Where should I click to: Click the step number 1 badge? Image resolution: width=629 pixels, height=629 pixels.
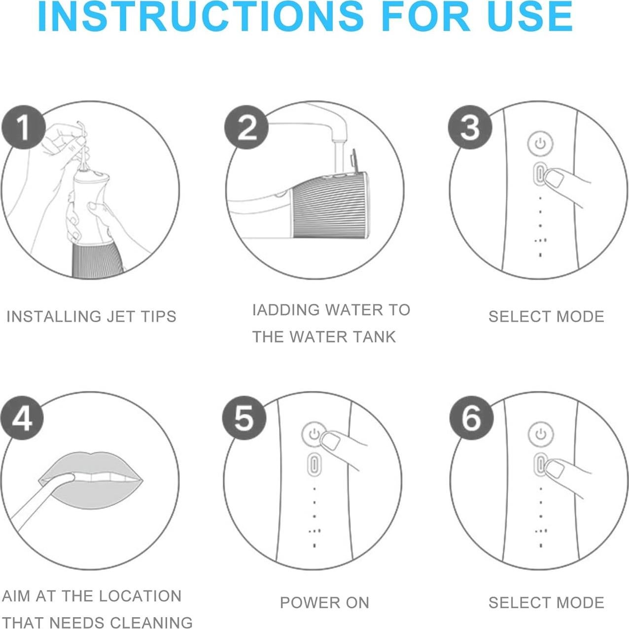pos(24,127)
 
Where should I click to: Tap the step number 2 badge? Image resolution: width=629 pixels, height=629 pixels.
pos(246,127)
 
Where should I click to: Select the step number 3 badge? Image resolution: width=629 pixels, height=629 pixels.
pos(470,127)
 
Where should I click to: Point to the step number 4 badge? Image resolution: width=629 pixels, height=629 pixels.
pos(22,418)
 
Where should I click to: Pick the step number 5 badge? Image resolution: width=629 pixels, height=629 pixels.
pos(244,418)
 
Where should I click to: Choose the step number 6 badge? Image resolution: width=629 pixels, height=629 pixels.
pos(471,418)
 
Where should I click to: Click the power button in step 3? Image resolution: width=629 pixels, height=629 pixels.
pos(541,143)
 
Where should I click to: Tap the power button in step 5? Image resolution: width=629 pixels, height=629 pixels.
pos(314,434)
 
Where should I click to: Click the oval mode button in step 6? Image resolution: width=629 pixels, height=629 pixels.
pos(541,464)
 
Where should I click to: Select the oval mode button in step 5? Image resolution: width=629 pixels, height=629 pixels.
pos(314,464)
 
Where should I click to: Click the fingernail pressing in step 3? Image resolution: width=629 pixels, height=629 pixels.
pos(555,179)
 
